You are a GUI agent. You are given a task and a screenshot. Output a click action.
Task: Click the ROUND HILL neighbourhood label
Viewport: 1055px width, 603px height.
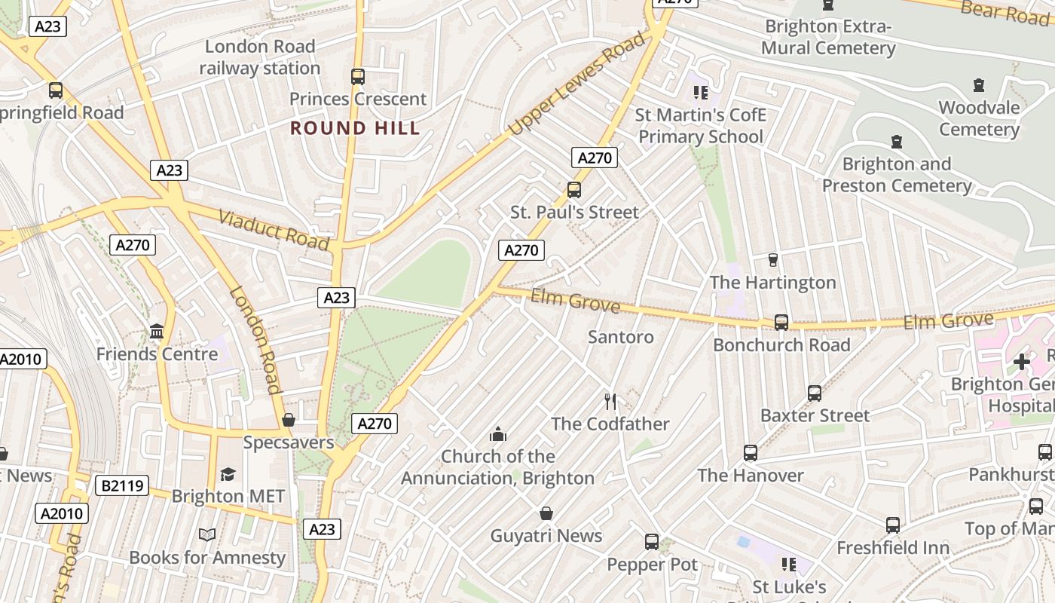[355, 128]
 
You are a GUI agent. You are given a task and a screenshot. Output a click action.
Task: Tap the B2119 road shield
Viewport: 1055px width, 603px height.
[122, 485]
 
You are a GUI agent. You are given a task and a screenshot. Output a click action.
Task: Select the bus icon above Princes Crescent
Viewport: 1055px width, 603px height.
[358, 76]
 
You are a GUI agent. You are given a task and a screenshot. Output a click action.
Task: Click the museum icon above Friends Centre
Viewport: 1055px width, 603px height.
[157, 331]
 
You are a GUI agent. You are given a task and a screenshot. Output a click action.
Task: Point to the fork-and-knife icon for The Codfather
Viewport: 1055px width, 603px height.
[610, 401]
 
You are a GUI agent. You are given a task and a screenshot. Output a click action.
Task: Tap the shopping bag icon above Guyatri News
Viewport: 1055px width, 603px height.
[546, 513]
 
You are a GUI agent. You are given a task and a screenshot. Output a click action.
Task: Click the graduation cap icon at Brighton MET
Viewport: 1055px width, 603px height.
[228, 474]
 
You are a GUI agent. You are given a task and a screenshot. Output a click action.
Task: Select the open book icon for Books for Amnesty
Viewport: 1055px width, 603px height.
[207, 534]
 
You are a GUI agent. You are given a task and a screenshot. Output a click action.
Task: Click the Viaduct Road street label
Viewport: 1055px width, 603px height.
[274, 230]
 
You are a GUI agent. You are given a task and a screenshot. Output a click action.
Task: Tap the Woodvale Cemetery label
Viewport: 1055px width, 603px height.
[979, 118]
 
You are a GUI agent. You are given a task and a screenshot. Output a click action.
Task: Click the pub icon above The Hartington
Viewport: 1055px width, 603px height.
[772, 260]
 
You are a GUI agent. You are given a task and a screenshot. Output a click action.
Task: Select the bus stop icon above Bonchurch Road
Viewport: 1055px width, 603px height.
[781, 323]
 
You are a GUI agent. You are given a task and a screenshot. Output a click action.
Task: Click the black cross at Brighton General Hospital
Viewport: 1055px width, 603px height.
[1022, 362]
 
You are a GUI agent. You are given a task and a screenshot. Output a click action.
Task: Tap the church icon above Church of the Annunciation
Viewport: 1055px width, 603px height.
[497, 434]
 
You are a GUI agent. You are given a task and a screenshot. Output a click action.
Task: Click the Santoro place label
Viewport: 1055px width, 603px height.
[621, 337]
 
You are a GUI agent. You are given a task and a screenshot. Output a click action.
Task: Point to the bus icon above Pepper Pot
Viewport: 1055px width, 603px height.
[652, 542]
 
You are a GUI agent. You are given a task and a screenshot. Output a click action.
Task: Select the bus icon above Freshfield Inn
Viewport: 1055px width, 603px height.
[893, 525]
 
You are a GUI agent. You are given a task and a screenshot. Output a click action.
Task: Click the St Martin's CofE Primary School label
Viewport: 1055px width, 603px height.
[701, 126]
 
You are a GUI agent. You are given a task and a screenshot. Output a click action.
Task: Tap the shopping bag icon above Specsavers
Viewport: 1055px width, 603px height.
[289, 420]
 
